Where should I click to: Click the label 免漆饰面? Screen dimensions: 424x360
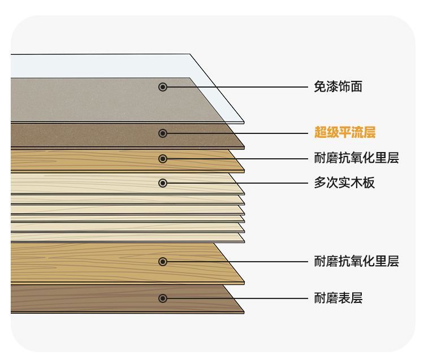point(338,87)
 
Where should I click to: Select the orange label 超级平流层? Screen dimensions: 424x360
point(345,133)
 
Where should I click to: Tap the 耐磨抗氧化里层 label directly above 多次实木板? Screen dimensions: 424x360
point(356,159)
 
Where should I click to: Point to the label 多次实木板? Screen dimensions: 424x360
point(344,183)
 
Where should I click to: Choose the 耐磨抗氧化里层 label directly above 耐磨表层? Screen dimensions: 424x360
point(356,262)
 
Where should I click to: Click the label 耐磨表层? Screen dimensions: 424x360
point(338,298)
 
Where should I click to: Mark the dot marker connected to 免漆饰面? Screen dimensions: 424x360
point(163,87)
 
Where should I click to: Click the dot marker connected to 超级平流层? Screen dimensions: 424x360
point(163,133)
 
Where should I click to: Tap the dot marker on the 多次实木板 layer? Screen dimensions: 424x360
point(163,183)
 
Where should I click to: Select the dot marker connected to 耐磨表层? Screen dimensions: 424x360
point(163,298)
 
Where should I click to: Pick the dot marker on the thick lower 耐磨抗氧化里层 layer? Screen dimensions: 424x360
point(163,262)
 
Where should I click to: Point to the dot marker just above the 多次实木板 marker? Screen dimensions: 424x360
point(163,159)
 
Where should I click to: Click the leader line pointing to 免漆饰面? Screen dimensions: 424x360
point(237,87)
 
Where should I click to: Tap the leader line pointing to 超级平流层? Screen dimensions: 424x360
point(237,133)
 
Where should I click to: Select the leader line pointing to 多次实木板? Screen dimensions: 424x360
point(237,183)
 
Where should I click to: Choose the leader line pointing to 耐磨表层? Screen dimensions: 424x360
point(237,298)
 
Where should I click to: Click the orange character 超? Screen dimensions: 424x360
point(321,133)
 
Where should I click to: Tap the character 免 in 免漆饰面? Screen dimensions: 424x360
point(320,87)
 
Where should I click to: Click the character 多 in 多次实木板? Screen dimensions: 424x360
point(320,183)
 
